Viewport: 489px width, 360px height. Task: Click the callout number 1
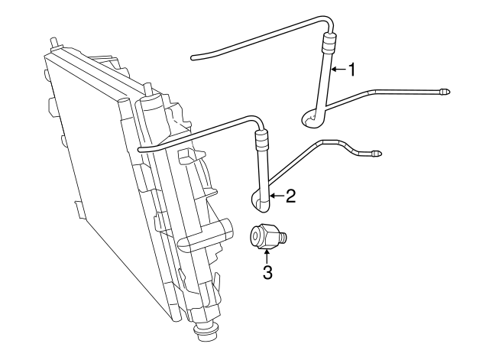click(x=352, y=70)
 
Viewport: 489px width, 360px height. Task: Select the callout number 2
click(x=290, y=196)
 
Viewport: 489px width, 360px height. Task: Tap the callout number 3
click(x=267, y=271)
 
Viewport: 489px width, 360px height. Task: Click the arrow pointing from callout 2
click(x=277, y=196)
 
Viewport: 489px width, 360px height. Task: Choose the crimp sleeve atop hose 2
click(x=261, y=140)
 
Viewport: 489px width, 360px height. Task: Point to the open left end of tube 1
click(x=193, y=55)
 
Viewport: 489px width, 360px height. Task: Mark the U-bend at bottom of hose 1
click(x=311, y=118)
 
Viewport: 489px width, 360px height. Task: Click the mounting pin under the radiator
click(x=206, y=333)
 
